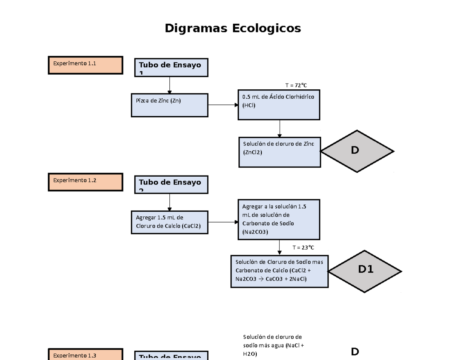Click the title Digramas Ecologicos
coord(233,28)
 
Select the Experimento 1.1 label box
coord(85,65)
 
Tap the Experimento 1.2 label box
coord(85,182)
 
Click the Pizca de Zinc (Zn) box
coord(170,105)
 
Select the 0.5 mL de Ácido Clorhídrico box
coord(279,104)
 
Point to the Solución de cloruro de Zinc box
coord(280,152)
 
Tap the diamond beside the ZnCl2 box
coord(357,151)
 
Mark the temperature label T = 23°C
coord(303,247)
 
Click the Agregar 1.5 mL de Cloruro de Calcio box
coord(170,222)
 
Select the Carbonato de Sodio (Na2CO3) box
coord(279,220)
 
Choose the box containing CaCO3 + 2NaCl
coord(280,271)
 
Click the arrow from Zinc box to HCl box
coord(223,105)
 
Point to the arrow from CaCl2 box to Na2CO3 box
coord(223,222)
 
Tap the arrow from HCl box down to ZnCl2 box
coord(280,128)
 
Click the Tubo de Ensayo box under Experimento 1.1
coord(171,68)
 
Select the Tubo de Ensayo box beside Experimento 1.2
coord(171,184)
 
